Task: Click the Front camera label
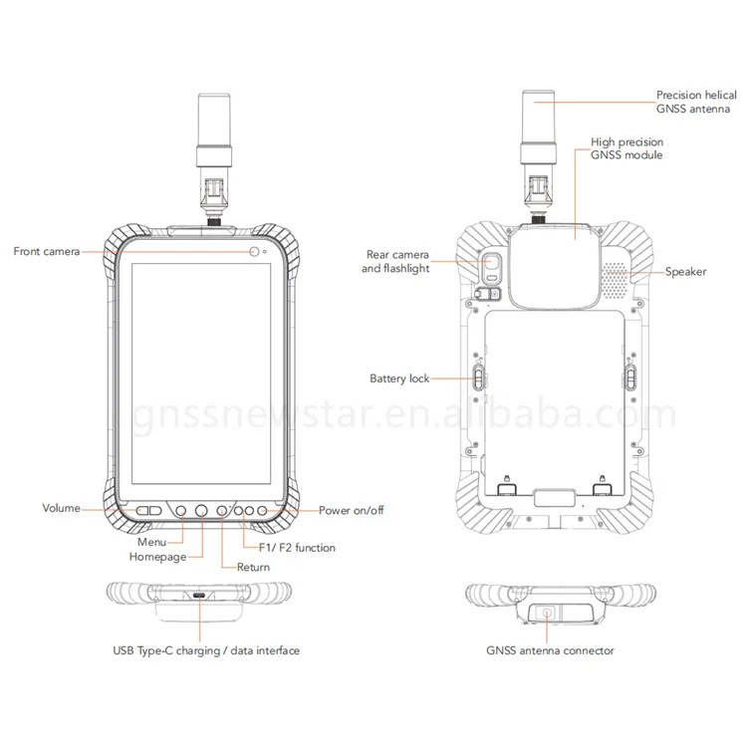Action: pyautogui.click(x=46, y=251)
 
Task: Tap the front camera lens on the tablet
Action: pyautogui.click(x=256, y=251)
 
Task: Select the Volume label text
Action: pyautogui.click(x=61, y=509)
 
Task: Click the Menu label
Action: pyautogui.click(x=150, y=542)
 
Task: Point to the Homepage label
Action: pyautogui.click(x=157, y=557)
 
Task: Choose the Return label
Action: pyautogui.click(x=253, y=568)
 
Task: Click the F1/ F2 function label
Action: pyautogui.click(x=296, y=548)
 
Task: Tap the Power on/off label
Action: pyautogui.click(x=351, y=510)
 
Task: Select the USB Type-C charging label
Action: pyautogui.click(x=206, y=650)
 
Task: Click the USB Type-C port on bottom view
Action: pyautogui.click(x=200, y=597)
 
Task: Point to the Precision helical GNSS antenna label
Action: pyautogui.click(x=694, y=102)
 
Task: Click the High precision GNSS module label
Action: pyautogui.click(x=626, y=149)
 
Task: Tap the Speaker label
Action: pyautogui.click(x=685, y=271)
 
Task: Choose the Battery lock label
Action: pyautogui.click(x=399, y=379)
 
